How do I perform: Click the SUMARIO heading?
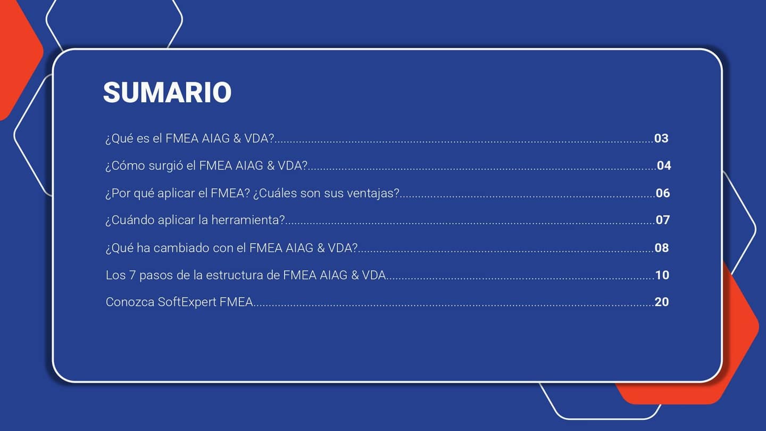[167, 93]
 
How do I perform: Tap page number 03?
[661, 138]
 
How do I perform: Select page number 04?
[664, 165]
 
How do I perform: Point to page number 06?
[663, 193]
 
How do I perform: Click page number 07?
[662, 220]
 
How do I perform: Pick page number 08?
[662, 247]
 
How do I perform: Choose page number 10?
[662, 275]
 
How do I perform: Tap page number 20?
[662, 302]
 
